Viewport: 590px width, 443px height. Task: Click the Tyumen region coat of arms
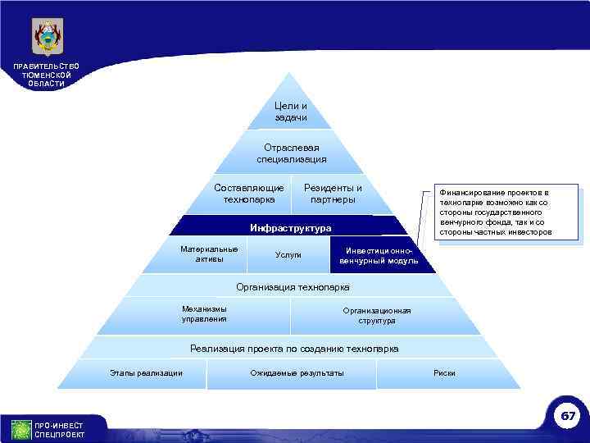pos(47,36)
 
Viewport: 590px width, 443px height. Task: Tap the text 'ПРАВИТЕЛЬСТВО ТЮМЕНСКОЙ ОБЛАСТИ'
pos(47,75)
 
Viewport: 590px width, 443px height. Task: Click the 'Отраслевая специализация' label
pos(292,153)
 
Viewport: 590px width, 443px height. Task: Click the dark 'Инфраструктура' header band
pos(291,227)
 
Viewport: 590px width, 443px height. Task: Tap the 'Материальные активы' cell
pos(209,254)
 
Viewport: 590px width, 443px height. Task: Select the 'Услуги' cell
pos(288,255)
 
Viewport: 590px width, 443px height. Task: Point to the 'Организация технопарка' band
pos(293,287)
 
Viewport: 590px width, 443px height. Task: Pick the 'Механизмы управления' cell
pos(204,314)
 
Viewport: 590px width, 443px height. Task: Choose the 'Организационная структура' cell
pos(377,315)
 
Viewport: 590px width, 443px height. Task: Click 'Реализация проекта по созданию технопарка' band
pos(294,349)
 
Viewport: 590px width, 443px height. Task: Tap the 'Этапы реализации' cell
pos(146,374)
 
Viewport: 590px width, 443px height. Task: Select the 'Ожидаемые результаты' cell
pos(297,374)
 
